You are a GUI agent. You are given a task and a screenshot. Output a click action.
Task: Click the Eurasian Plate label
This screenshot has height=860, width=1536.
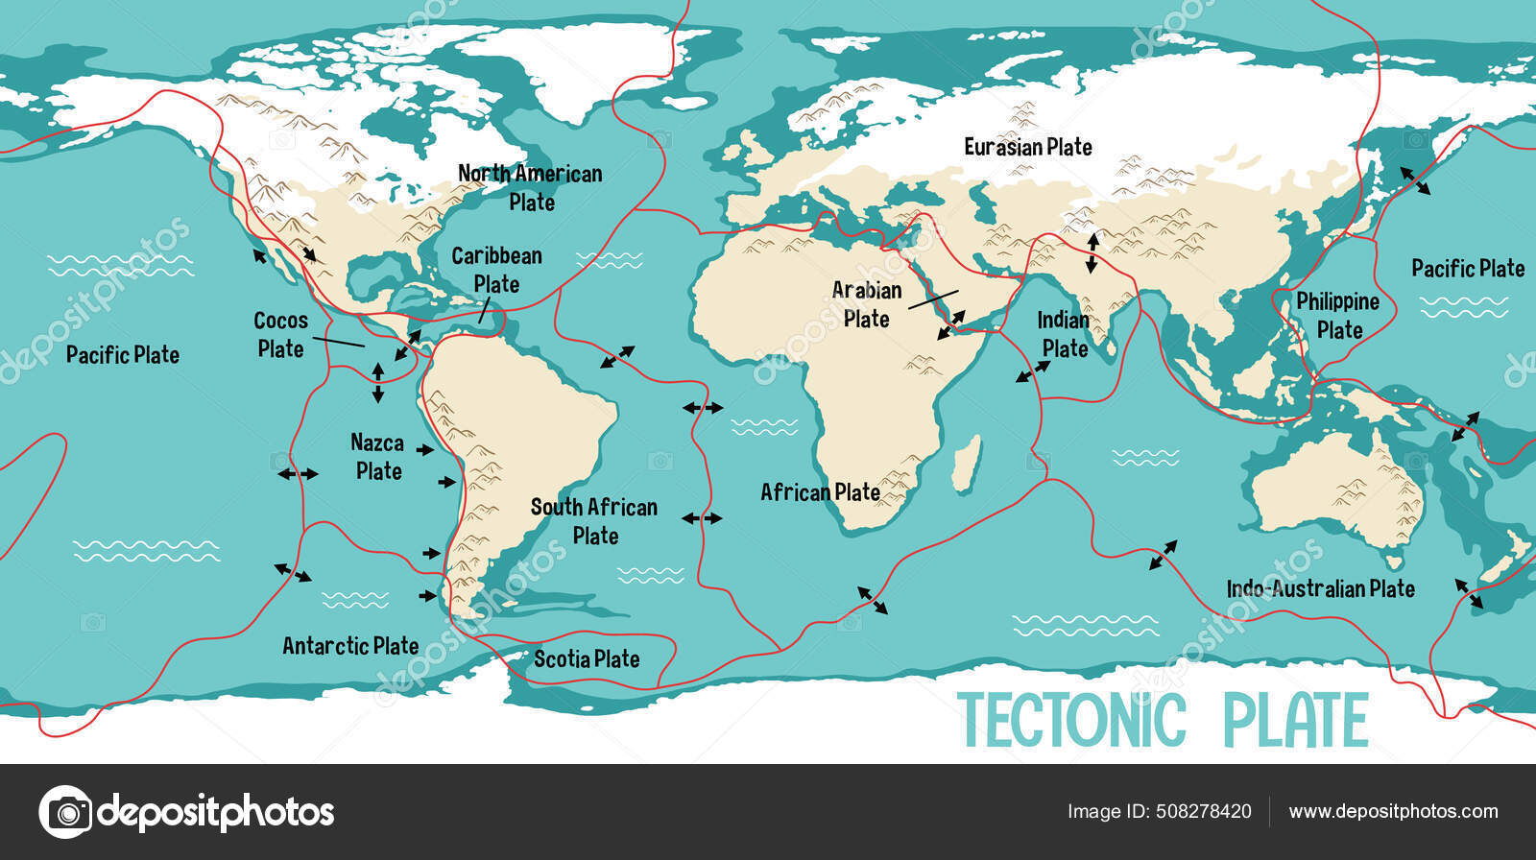click(x=1027, y=147)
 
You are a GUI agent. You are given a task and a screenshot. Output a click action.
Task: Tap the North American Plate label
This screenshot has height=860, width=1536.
click(x=530, y=188)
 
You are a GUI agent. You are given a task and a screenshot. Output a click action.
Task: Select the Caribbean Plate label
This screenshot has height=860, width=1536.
click(x=496, y=270)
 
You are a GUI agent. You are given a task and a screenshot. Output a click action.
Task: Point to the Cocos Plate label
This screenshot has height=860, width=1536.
click(x=280, y=334)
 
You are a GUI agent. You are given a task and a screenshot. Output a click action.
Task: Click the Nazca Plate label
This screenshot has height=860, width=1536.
click(x=377, y=457)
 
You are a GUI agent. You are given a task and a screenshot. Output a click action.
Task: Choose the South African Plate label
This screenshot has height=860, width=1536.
click(x=594, y=521)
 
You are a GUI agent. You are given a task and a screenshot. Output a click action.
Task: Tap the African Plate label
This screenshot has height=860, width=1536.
click(x=820, y=492)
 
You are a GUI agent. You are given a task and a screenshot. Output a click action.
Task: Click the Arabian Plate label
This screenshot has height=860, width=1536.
click(x=866, y=304)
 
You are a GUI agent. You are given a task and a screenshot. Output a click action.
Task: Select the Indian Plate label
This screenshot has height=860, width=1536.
click(x=1064, y=334)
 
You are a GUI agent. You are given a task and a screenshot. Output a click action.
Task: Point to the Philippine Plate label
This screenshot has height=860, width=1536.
click(x=1337, y=316)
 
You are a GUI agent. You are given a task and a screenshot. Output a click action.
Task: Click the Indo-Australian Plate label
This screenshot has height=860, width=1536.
click(x=1320, y=588)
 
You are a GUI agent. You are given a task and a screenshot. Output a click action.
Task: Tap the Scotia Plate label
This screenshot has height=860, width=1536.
click(x=587, y=658)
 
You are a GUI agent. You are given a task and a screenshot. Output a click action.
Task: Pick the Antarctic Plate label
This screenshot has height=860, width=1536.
click(x=350, y=646)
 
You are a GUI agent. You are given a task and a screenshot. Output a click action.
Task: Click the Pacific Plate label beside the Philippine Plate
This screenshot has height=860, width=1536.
click(x=1467, y=269)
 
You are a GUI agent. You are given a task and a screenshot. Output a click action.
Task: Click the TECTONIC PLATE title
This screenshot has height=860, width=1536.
click(x=1163, y=720)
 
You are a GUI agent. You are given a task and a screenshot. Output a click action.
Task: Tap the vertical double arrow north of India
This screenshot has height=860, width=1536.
click(x=1092, y=252)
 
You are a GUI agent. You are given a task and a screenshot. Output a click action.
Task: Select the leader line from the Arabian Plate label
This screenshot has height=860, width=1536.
click(x=933, y=299)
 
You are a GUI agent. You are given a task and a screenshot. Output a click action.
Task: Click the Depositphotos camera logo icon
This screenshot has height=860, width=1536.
click(x=65, y=812)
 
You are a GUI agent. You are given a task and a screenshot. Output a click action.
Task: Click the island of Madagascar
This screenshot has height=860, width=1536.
click(x=968, y=464)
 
